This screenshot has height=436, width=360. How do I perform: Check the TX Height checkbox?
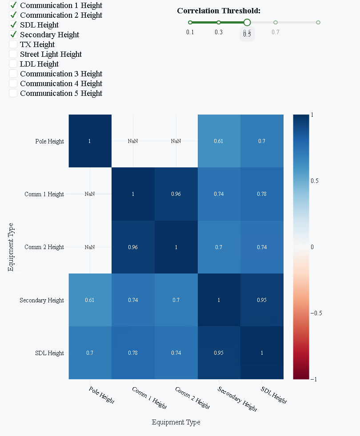click(13, 44)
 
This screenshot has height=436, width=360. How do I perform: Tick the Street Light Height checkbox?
click(13, 54)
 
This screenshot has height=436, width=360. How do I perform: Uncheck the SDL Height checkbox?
click(13, 25)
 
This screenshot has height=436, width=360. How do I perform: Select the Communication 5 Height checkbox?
click(13, 93)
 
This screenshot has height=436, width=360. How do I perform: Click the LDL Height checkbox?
click(13, 64)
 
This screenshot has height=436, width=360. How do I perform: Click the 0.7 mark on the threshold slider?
click(276, 22)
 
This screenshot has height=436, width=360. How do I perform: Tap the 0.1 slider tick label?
click(190, 32)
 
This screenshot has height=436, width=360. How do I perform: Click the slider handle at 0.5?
click(247, 22)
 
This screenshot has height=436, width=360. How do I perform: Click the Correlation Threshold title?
click(219, 11)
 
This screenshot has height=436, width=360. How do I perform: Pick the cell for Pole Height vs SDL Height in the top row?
click(262, 141)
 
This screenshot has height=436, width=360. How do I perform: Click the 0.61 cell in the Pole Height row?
click(219, 141)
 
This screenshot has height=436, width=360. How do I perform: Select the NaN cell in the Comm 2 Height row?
click(90, 247)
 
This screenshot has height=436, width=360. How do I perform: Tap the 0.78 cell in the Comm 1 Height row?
click(262, 194)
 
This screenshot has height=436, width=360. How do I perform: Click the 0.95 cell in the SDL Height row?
click(219, 353)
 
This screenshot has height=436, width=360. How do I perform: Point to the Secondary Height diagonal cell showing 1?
click(219, 300)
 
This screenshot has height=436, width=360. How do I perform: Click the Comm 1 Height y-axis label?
click(44, 194)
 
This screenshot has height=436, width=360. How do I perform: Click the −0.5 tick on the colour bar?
click(316, 313)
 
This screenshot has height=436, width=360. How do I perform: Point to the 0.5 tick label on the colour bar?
click(315, 181)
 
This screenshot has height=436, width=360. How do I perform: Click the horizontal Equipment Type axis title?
click(176, 422)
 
